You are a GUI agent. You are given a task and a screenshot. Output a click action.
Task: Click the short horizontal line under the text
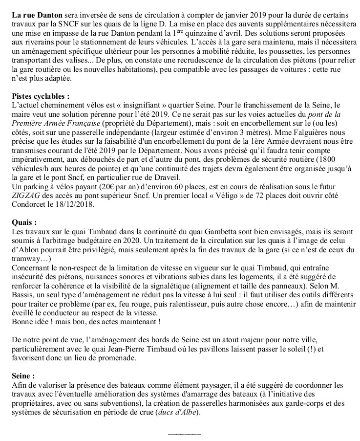184,433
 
